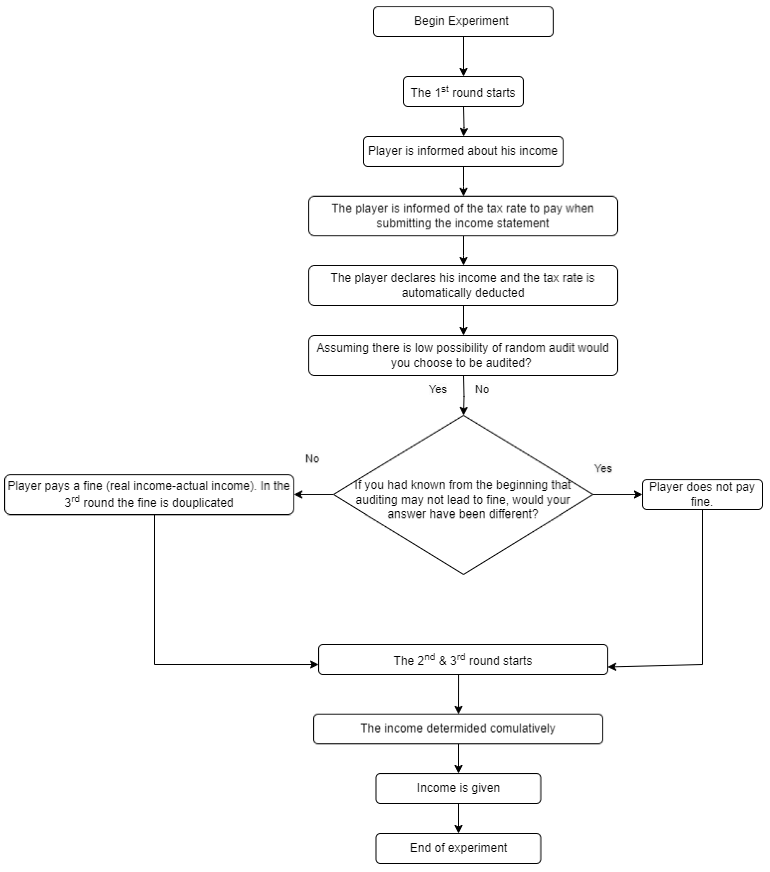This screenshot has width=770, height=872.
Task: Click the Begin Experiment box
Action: click(x=463, y=21)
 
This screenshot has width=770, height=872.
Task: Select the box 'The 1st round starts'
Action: click(x=463, y=92)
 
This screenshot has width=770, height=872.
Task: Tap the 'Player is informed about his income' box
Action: click(x=463, y=151)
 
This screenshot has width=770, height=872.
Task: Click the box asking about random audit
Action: click(x=463, y=355)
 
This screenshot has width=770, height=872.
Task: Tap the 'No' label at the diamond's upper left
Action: click(x=312, y=459)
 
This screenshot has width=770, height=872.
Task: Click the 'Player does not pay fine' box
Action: click(x=702, y=494)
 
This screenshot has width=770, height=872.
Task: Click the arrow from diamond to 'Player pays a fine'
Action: click(x=314, y=495)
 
